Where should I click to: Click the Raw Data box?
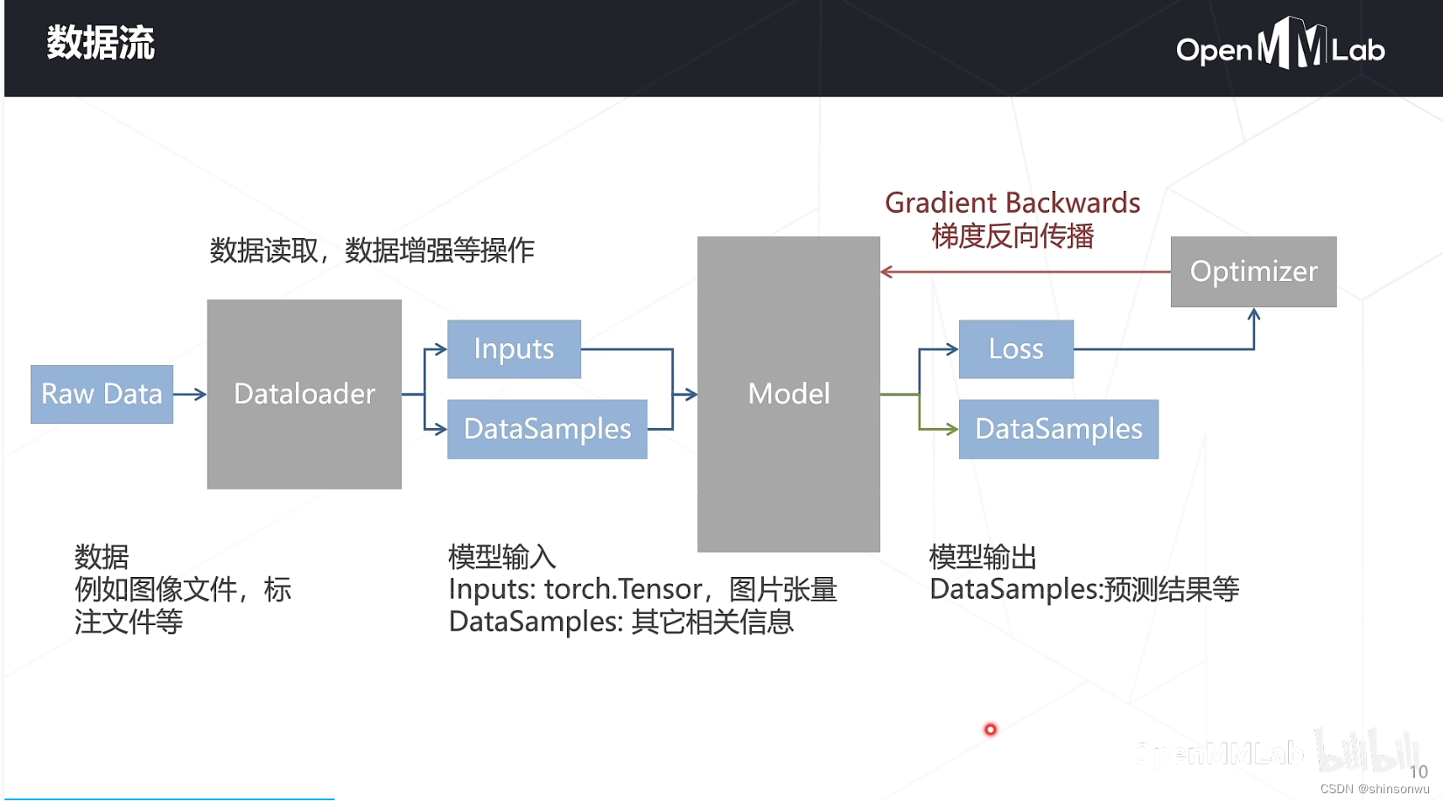pyautogui.click(x=102, y=394)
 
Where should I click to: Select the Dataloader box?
pyautogui.click(x=304, y=394)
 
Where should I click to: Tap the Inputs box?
pyautogui.click(x=514, y=348)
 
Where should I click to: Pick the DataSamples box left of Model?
pyautogui.click(x=548, y=429)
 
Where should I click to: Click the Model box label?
pyautogui.click(x=789, y=394)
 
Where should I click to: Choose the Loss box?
pyautogui.click(x=1017, y=348)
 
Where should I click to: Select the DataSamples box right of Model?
pyautogui.click(x=1059, y=429)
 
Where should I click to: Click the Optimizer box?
pyautogui.click(x=1254, y=271)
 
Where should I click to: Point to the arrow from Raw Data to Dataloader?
pyautogui.click(x=190, y=394)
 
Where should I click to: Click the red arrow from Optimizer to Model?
pyautogui.click(x=1026, y=272)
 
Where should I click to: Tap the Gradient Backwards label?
pyautogui.click(x=1012, y=203)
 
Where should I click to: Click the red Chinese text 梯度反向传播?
pyautogui.click(x=1012, y=236)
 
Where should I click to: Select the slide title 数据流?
pyautogui.click(x=101, y=43)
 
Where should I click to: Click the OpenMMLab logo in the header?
pyautogui.click(x=1280, y=43)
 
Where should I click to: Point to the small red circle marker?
pyautogui.click(x=990, y=729)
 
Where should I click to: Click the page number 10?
pyautogui.click(x=1419, y=771)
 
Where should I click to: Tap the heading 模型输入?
pyautogui.click(x=501, y=557)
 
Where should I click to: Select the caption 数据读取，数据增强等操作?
pyautogui.click(x=372, y=250)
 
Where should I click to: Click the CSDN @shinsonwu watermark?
pyautogui.click(x=1375, y=789)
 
